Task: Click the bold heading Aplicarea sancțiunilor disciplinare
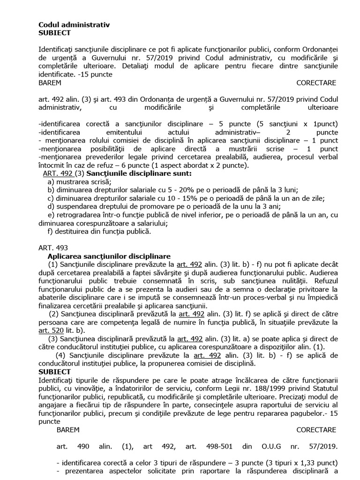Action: [109, 256]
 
